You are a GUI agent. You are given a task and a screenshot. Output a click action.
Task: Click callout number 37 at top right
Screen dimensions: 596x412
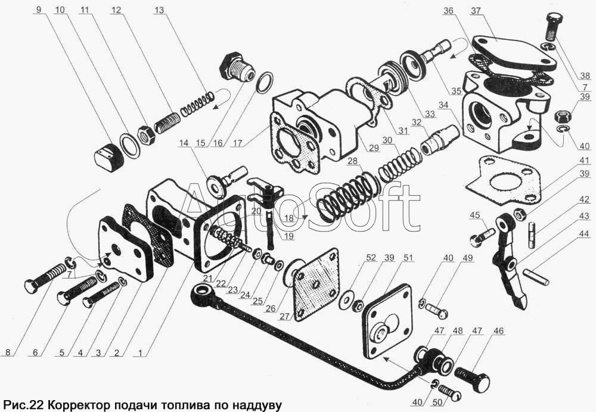pyautogui.click(x=475, y=11)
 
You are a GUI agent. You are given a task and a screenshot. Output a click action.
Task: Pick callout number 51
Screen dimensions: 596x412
pyautogui.click(x=407, y=258)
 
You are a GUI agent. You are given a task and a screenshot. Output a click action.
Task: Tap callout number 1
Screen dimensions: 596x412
pyautogui.click(x=140, y=352)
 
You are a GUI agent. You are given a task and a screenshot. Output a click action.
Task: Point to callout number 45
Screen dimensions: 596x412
pyautogui.click(x=474, y=215)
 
